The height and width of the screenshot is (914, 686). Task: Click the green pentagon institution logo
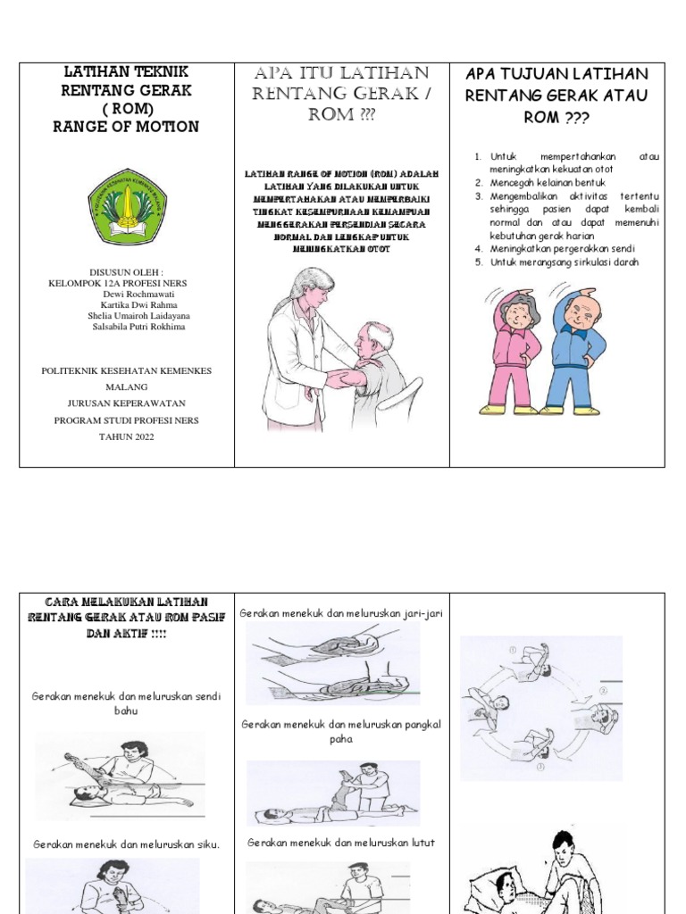pos(126,207)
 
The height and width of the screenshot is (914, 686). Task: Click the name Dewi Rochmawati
pos(126,294)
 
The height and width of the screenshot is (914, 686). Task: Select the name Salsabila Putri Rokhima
pos(126,327)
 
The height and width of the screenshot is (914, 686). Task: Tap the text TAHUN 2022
pos(126,436)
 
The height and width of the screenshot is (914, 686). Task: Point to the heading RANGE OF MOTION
pos(126,127)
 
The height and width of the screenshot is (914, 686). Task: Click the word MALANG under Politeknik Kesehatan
pos(126,386)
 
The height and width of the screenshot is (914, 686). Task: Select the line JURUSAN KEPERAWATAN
pos(126,403)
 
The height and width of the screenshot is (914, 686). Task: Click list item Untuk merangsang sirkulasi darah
pos(565,262)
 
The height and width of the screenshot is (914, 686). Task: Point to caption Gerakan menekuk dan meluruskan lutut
pos(340,842)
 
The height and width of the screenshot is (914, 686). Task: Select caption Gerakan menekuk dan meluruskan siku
pos(126,843)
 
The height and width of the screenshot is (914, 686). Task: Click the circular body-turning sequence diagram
pos(541,696)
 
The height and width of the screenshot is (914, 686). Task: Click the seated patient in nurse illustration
pos(370,361)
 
